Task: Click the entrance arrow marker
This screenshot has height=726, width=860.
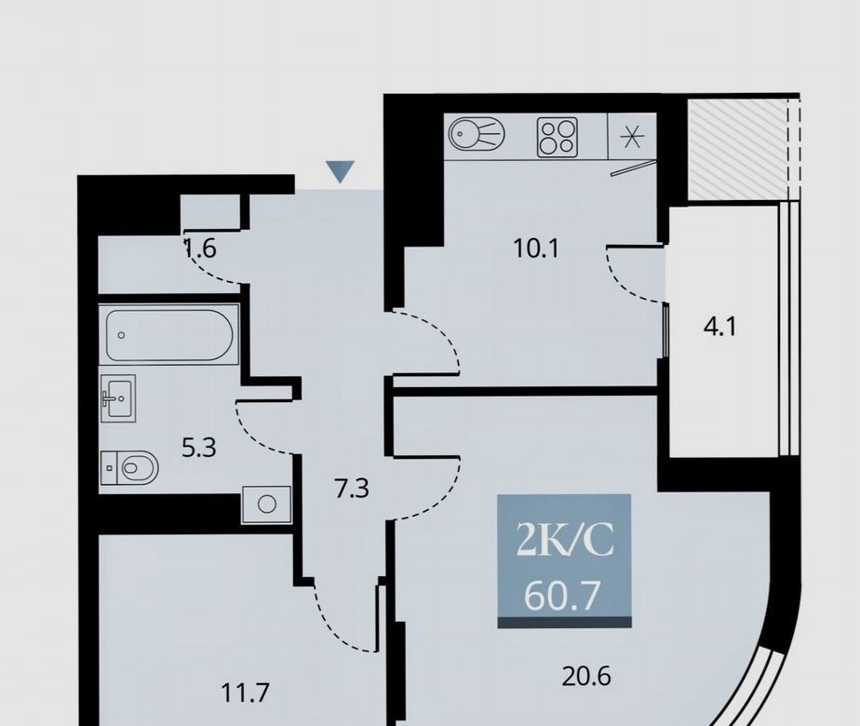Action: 340,171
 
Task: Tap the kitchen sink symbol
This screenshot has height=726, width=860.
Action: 477,133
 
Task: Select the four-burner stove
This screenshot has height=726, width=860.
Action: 558,137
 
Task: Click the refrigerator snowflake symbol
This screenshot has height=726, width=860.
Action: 632,137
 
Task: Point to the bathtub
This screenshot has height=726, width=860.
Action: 169,335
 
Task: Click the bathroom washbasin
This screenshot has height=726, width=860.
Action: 118,398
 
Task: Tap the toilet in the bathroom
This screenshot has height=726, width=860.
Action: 129,468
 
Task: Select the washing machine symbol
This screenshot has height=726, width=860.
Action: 266,504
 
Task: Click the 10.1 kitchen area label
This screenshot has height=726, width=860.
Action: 536,249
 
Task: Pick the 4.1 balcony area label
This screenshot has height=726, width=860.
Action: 719,328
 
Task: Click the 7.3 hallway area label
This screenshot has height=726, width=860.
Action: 352,488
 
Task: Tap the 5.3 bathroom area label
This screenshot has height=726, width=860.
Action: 199,448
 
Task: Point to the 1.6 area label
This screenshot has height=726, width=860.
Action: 200,249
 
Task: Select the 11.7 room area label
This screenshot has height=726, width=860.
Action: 245,692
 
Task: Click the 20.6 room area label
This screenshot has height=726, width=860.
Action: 586,676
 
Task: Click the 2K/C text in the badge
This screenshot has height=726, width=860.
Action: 564,539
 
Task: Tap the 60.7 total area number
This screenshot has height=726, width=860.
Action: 560,596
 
